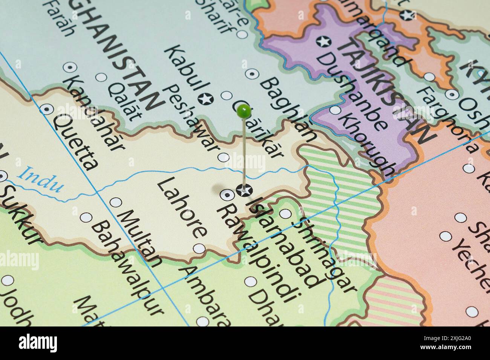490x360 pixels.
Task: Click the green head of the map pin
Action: click(244, 110)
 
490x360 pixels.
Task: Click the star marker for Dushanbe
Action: click(323, 41)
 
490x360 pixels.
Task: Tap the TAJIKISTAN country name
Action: click(386, 90)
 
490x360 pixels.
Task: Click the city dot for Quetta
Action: click(47, 109)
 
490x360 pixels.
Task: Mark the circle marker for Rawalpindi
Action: click(227, 194)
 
